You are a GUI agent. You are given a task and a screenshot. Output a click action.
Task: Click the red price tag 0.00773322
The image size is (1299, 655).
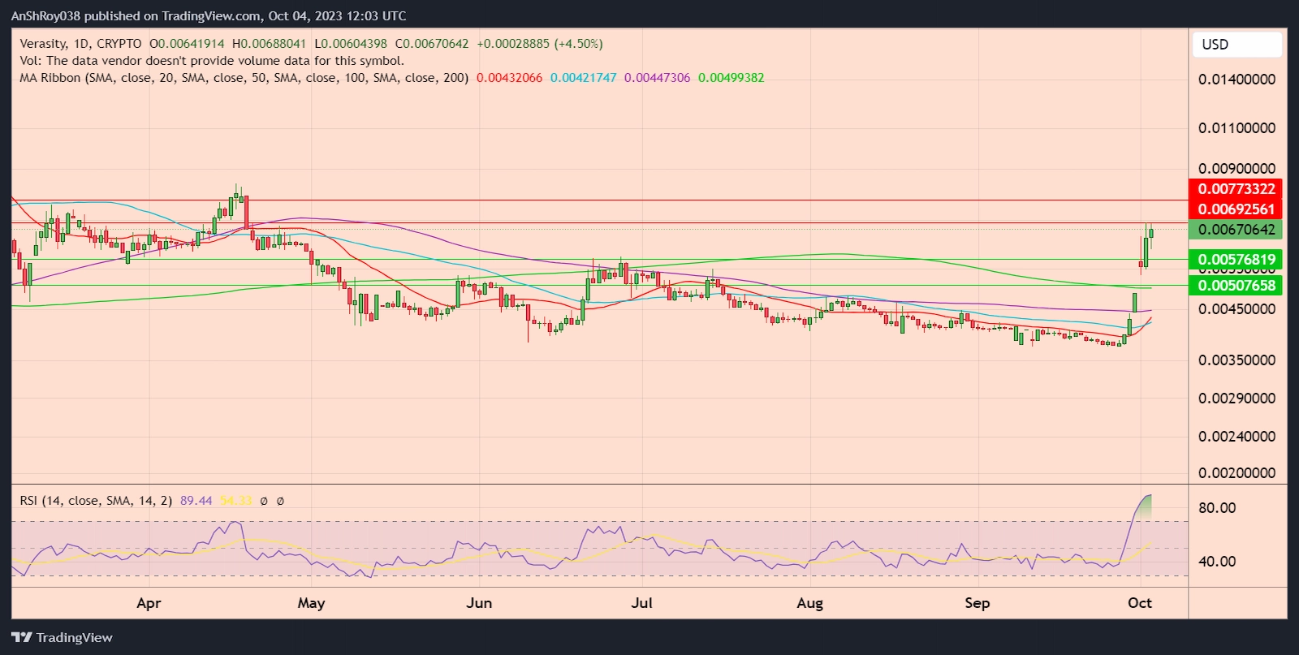point(1236,188)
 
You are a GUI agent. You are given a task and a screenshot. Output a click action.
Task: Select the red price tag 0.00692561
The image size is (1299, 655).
point(1236,209)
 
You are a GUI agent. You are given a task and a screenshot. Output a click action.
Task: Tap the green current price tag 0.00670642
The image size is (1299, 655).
point(1236,229)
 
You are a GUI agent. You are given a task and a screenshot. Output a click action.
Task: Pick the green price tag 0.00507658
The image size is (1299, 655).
point(1236,285)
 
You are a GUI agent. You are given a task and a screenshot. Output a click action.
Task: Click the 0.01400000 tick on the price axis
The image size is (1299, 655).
point(1236,80)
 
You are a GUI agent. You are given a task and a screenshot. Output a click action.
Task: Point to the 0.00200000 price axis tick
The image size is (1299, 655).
point(1236,472)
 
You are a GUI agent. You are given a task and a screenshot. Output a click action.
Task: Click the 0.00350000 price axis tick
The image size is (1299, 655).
point(1236,360)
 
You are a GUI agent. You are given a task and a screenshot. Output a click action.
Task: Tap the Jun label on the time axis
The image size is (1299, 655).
point(479,603)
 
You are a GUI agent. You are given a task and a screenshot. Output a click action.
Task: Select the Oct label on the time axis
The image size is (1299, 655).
point(1140,603)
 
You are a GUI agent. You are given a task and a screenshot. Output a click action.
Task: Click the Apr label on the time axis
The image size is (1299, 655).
point(149,603)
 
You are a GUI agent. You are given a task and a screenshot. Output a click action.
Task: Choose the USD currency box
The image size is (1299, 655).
point(1236,45)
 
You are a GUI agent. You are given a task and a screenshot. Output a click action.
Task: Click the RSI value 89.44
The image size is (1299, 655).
point(196,501)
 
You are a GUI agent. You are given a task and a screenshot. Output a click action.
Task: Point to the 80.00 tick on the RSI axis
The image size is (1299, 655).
point(1217,508)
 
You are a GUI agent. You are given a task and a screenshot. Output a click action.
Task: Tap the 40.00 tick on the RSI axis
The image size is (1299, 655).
point(1217,562)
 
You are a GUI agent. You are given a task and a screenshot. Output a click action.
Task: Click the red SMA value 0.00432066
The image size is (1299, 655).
point(509,78)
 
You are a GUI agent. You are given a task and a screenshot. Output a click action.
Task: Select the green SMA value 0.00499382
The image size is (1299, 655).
point(731,78)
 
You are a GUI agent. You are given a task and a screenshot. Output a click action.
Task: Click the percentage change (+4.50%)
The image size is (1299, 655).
point(578,44)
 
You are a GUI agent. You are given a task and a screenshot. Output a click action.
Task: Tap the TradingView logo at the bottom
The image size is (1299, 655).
point(62,638)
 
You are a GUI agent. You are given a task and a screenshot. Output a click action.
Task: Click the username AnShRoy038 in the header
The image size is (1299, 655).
point(45,16)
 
